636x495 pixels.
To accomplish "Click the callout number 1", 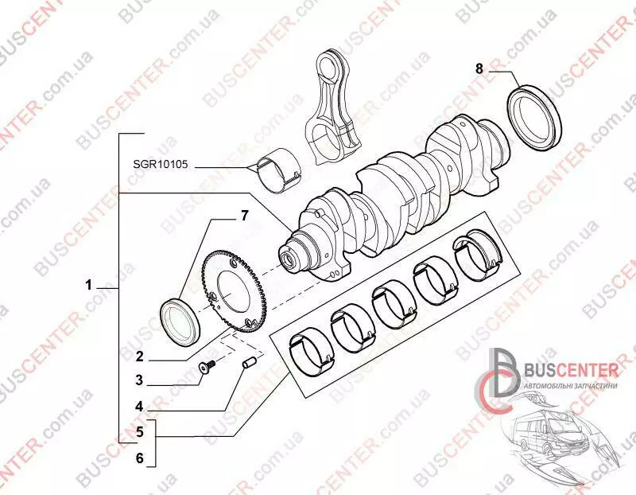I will click(90, 285).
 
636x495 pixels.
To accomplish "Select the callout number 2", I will click(138, 357).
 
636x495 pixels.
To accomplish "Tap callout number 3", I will click(138, 380).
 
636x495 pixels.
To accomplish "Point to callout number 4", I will click(138, 407).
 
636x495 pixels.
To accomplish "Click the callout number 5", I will click(138, 434).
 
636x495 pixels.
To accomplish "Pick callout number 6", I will click(138, 458).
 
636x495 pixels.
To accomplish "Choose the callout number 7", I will click(245, 216).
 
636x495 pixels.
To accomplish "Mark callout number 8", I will click(479, 69).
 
